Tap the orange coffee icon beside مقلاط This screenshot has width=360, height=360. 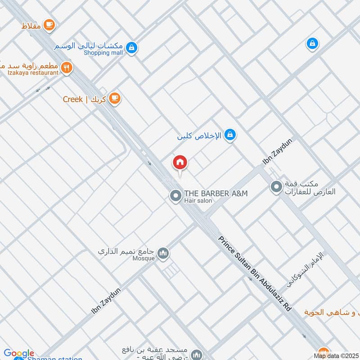[x=49, y=25]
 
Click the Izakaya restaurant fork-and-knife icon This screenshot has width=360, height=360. [x=67, y=68]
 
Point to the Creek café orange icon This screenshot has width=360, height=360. [x=115, y=98]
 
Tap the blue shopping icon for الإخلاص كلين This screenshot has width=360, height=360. [x=230, y=135]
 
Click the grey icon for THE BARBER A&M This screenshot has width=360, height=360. [x=175, y=196]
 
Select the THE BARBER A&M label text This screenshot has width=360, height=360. [x=216, y=193]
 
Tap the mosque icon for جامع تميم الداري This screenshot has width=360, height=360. [x=164, y=254]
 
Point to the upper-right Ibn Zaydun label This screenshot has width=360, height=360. [x=277, y=152]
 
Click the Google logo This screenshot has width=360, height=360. [x=19, y=353]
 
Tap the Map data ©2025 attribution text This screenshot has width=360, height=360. [x=335, y=356]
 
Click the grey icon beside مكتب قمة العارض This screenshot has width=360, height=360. [x=276, y=185]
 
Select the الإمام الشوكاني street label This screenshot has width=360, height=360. [x=306, y=270]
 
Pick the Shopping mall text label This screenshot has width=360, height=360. [x=103, y=53]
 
